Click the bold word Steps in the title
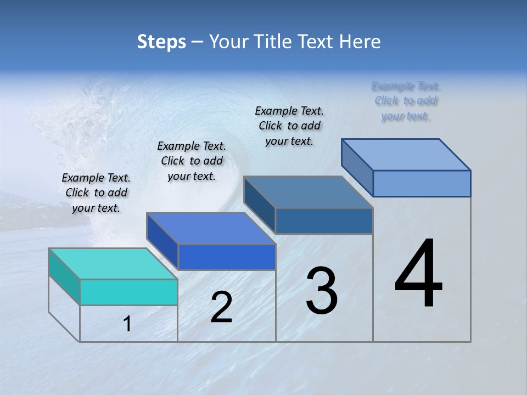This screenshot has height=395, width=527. tap(161, 42)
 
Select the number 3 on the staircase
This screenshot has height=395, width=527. tap(322, 291)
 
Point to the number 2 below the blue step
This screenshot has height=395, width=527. tap(221, 307)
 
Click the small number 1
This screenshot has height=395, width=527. tap(127, 324)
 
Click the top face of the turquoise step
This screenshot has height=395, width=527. tap(113, 263)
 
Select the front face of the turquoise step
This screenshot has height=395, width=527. tap(128, 292)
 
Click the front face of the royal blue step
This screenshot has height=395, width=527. tap(227, 257)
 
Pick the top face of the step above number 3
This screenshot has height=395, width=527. tap(308, 192)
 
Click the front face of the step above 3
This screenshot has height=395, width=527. tap(324, 221)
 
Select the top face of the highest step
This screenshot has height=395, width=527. tap(406, 154)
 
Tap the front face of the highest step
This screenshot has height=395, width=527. tap(422, 183)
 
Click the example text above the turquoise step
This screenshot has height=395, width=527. tap(96, 193)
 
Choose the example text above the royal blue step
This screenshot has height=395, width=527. tap(192, 161)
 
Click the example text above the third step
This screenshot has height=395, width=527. tap(289, 126)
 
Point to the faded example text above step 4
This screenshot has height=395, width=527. tap(406, 101)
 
